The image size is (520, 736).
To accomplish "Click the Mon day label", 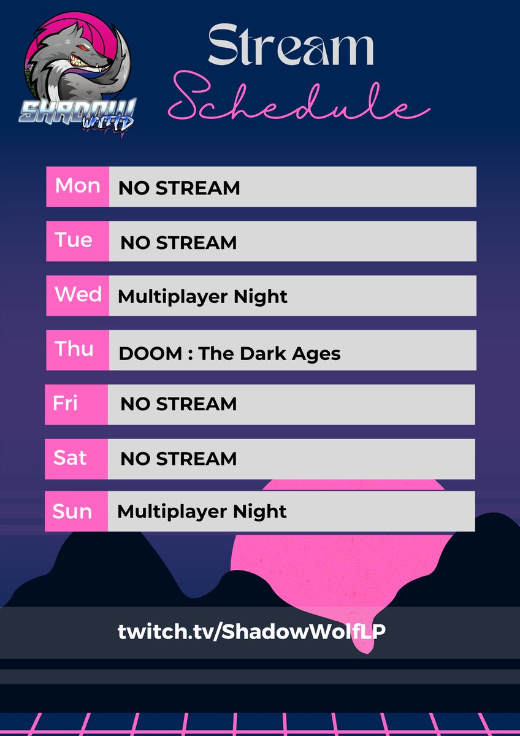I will [77, 186].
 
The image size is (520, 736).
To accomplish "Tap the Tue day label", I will [74, 240].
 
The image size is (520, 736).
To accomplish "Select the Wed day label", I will [78, 294].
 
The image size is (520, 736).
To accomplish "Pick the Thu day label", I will [74, 349].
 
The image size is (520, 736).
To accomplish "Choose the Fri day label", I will [65, 404].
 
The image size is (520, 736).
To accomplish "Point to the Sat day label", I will [70, 458].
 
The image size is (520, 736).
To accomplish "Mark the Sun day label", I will [72, 512].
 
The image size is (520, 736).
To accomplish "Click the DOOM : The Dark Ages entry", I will [229, 353].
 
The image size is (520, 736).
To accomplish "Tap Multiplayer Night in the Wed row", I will [202, 297].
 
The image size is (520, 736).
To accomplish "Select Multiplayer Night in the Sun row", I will [202, 511].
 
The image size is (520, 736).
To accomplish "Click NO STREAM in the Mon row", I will [179, 188].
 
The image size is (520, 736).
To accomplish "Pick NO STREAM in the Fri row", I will [178, 404].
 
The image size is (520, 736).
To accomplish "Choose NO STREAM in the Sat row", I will [178, 459].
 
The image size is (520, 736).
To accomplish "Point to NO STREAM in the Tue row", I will [178, 242].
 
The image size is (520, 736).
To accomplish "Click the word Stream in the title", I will [291, 48].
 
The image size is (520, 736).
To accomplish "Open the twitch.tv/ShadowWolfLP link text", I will [251, 632].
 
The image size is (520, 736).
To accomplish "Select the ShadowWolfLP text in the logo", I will [78, 113].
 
